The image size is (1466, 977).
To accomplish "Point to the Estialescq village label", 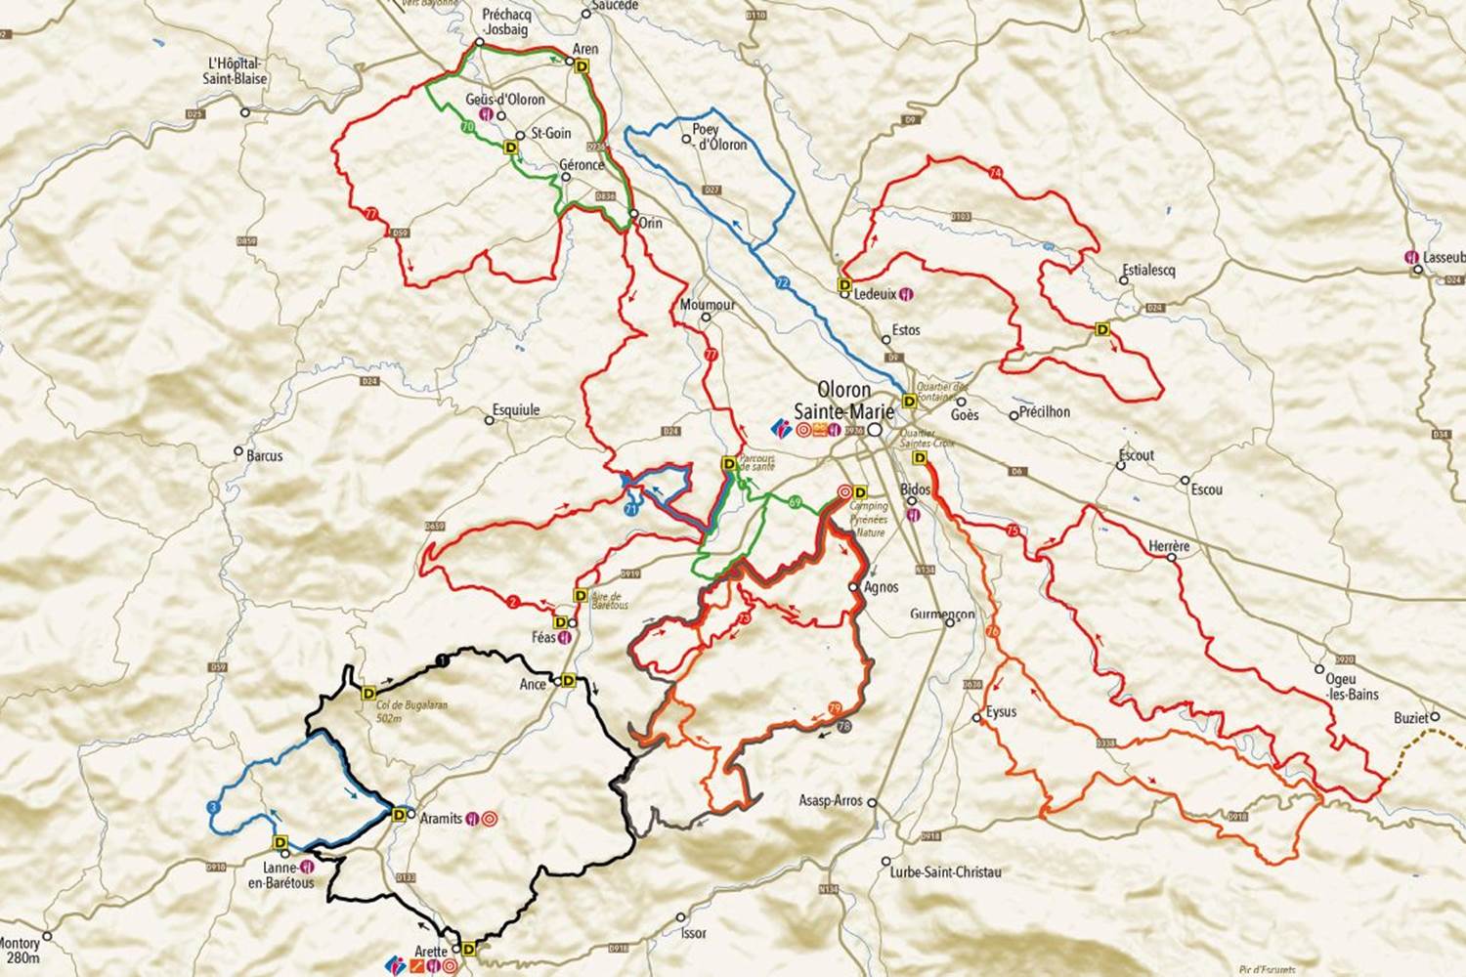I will [1149, 270].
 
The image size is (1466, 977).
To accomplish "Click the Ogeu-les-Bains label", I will [1352, 687].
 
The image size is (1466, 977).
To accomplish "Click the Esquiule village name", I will [516, 410].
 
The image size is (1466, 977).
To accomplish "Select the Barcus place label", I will [264, 455].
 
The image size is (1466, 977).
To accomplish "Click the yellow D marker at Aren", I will [583, 66].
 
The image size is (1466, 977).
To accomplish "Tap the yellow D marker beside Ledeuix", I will [844, 284].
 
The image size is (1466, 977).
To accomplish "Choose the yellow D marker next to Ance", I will [566, 681].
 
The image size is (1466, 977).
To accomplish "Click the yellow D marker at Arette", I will [469, 948].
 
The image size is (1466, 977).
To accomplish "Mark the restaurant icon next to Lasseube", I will [1411, 257].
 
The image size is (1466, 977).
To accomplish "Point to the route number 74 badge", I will [996, 173].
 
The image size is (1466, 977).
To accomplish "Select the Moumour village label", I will [708, 305].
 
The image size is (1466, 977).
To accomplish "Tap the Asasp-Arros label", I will [831, 800].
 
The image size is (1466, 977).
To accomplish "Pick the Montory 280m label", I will [20, 950].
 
